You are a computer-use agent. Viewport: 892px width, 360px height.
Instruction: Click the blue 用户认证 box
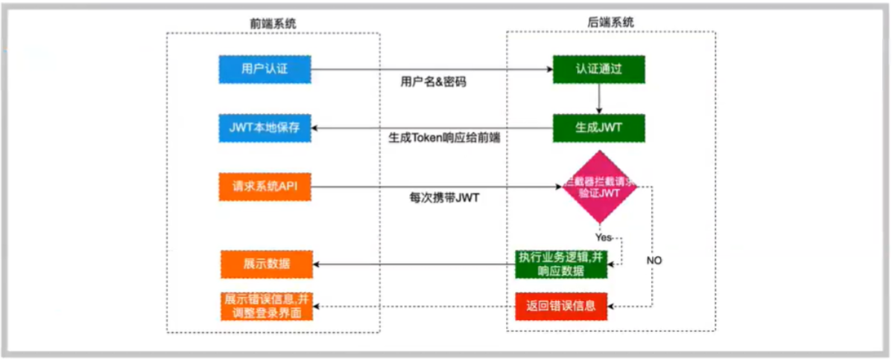coord(264,69)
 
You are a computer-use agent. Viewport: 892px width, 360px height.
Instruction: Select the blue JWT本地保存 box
coord(265,127)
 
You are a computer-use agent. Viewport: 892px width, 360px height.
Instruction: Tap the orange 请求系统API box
coord(265,186)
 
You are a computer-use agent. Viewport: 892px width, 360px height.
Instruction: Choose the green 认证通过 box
coord(598,69)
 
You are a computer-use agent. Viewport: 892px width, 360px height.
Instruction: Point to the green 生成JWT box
coord(598,127)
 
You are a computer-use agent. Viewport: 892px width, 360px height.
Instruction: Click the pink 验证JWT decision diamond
coord(598,187)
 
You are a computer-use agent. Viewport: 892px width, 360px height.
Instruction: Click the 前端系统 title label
coord(273,23)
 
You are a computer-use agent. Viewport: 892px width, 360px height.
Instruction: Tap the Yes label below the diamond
coord(603,237)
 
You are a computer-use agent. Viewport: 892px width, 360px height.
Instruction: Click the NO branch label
coord(654,260)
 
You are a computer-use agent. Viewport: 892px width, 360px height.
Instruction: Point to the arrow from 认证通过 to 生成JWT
coord(598,98)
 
